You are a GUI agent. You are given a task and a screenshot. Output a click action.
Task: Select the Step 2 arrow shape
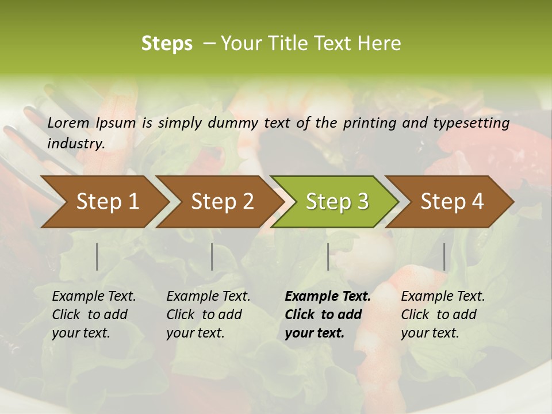[218, 202]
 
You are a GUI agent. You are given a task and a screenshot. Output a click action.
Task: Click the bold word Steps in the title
[167, 44]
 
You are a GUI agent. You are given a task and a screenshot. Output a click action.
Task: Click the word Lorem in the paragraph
[68, 123]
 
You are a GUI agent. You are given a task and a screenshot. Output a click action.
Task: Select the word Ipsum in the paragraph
[116, 123]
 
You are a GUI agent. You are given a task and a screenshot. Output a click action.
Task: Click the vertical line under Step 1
[97, 256]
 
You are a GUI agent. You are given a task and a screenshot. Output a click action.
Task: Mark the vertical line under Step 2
[212, 256]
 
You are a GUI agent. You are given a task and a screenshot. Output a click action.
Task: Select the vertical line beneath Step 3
[328, 256]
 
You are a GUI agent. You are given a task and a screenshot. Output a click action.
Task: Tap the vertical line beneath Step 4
[444, 256]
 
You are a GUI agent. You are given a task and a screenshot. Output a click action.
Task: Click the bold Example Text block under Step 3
[328, 315]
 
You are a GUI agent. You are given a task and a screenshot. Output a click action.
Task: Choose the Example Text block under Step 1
[94, 315]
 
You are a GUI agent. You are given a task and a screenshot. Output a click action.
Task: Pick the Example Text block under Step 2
[208, 315]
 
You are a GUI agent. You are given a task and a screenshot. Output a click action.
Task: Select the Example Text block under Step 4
[443, 315]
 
